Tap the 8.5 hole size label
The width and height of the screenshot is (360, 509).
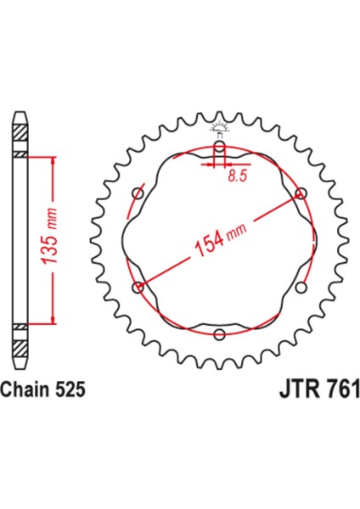pos(238,176)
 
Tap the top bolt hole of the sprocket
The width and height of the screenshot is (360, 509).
pos(220,148)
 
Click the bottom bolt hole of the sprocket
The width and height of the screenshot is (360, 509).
pos(220,333)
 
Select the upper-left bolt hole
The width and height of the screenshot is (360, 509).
pos(138,194)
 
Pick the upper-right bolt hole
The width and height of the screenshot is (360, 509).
pos(301,193)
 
